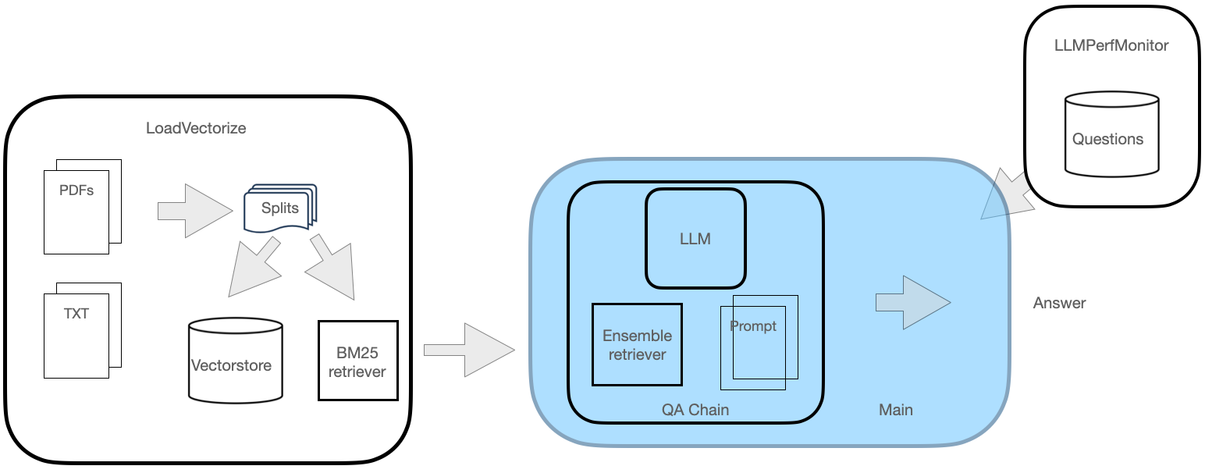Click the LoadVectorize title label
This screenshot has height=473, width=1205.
pos(196,128)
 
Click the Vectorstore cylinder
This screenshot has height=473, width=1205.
pos(235,360)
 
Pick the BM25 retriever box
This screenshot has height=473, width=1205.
pos(357,361)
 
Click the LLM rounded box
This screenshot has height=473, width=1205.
pos(695,238)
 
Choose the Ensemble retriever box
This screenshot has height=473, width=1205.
pos(637,344)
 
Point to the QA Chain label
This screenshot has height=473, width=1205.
pos(695,410)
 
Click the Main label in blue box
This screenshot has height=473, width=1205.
pos(895,410)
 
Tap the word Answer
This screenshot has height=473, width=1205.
pos(1059,303)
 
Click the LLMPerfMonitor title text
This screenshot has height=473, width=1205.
pos(1111,45)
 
